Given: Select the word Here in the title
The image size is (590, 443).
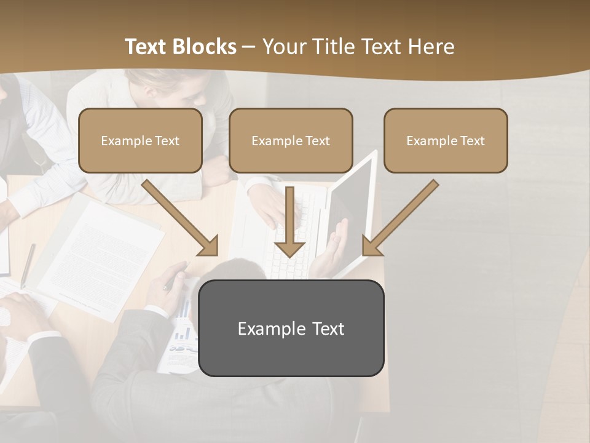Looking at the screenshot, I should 431,47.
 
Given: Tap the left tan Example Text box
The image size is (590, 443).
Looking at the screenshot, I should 140,140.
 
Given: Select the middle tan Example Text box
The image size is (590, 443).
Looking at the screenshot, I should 291,140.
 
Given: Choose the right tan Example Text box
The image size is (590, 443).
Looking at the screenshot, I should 446,140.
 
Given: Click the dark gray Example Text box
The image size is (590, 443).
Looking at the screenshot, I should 291,328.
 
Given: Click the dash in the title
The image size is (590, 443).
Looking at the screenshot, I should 250,47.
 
